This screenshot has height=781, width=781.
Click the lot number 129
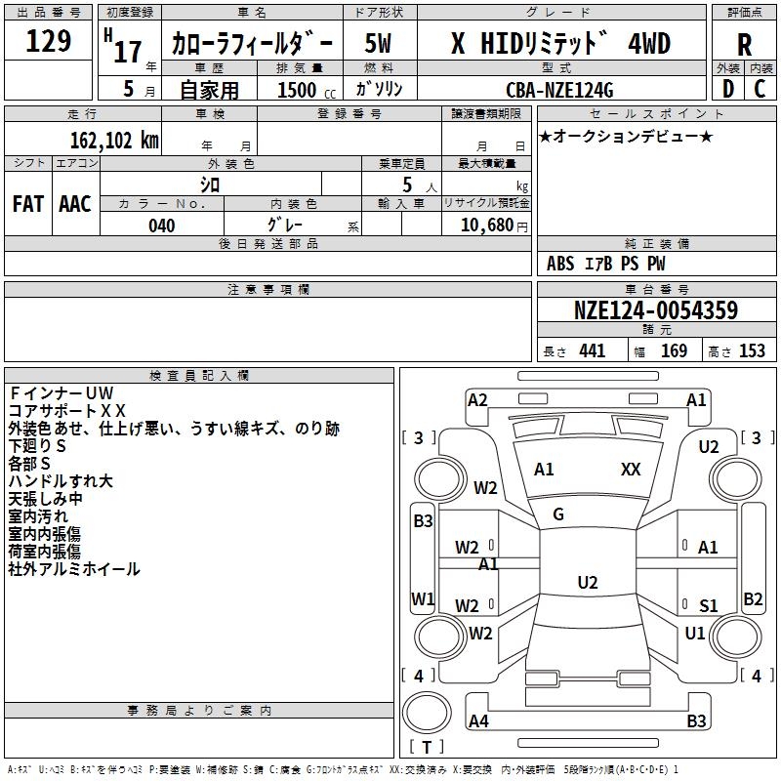(x=48, y=42)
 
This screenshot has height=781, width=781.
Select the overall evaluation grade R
(x=744, y=45)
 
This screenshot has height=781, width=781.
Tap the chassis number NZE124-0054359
(x=655, y=310)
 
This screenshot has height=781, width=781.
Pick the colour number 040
(x=161, y=226)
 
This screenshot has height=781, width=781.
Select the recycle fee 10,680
(x=485, y=226)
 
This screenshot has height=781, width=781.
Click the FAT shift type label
(x=27, y=203)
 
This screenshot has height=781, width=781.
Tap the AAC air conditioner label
(x=75, y=203)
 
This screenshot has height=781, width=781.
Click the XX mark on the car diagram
(x=631, y=470)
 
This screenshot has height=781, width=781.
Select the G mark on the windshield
(x=558, y=514)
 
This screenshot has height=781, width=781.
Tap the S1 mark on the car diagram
(x=708, y=606)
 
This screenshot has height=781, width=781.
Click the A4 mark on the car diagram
(x=478, y=721)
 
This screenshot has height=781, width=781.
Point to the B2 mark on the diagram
(x=753, y=598)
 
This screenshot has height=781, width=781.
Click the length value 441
(x=592, y=351)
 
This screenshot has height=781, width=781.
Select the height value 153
(x=752, y=351)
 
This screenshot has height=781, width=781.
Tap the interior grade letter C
(x=760, y=89)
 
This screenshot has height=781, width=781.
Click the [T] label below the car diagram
(x=426, y=747)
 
